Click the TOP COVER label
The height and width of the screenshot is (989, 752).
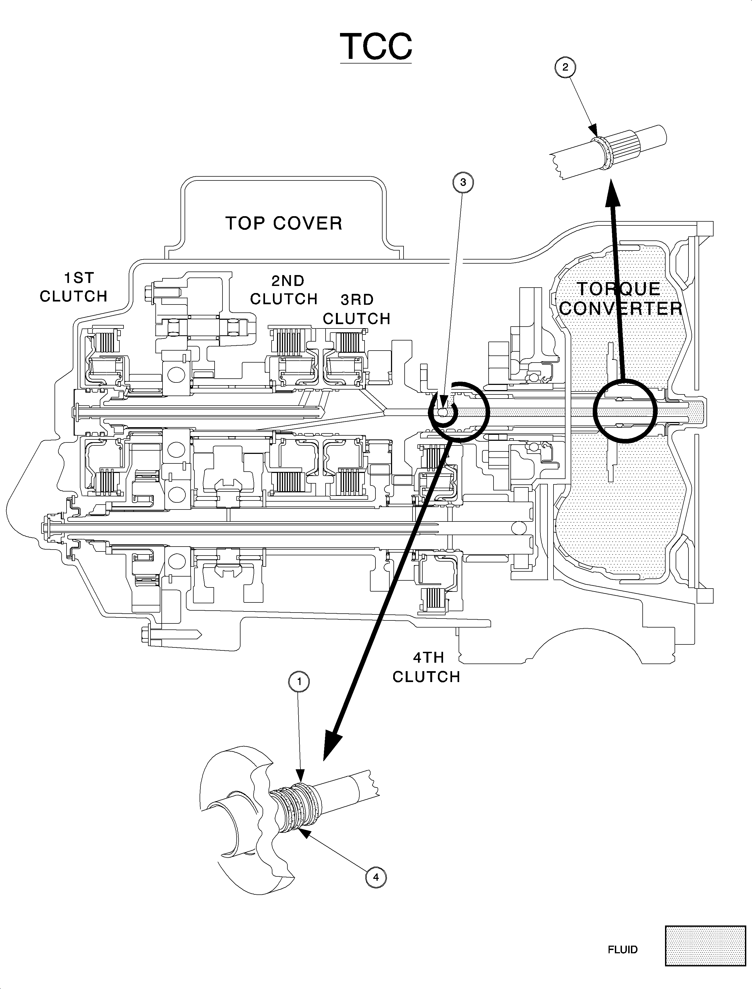[284, 223]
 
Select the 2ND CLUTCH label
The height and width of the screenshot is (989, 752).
[284, 290]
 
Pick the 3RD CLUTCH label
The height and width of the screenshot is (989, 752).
[357, 309]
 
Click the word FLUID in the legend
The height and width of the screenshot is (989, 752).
[623, 962]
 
